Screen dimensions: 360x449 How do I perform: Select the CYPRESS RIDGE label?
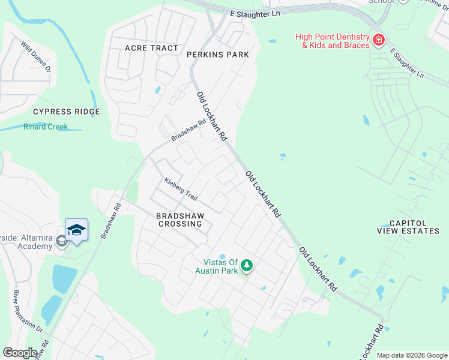point(66,112)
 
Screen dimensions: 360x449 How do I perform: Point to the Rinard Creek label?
point(46,127)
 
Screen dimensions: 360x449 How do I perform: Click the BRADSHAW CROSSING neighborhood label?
point(180,220)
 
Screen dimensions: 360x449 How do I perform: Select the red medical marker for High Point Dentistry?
point(379,41)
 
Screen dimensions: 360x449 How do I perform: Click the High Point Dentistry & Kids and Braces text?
point(331,41)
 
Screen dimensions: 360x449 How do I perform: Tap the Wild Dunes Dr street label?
point(36,56)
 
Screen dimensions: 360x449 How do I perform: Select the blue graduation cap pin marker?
point(76,230)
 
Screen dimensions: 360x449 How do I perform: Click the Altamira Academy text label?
point(26,242)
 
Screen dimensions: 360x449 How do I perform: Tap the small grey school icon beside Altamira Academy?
point(61,241)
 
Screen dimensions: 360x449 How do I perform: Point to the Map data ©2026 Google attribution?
point(411,355)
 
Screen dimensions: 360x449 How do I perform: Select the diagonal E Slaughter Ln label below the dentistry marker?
point(406,63)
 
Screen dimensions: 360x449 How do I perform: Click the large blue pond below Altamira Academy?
point(64,278)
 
